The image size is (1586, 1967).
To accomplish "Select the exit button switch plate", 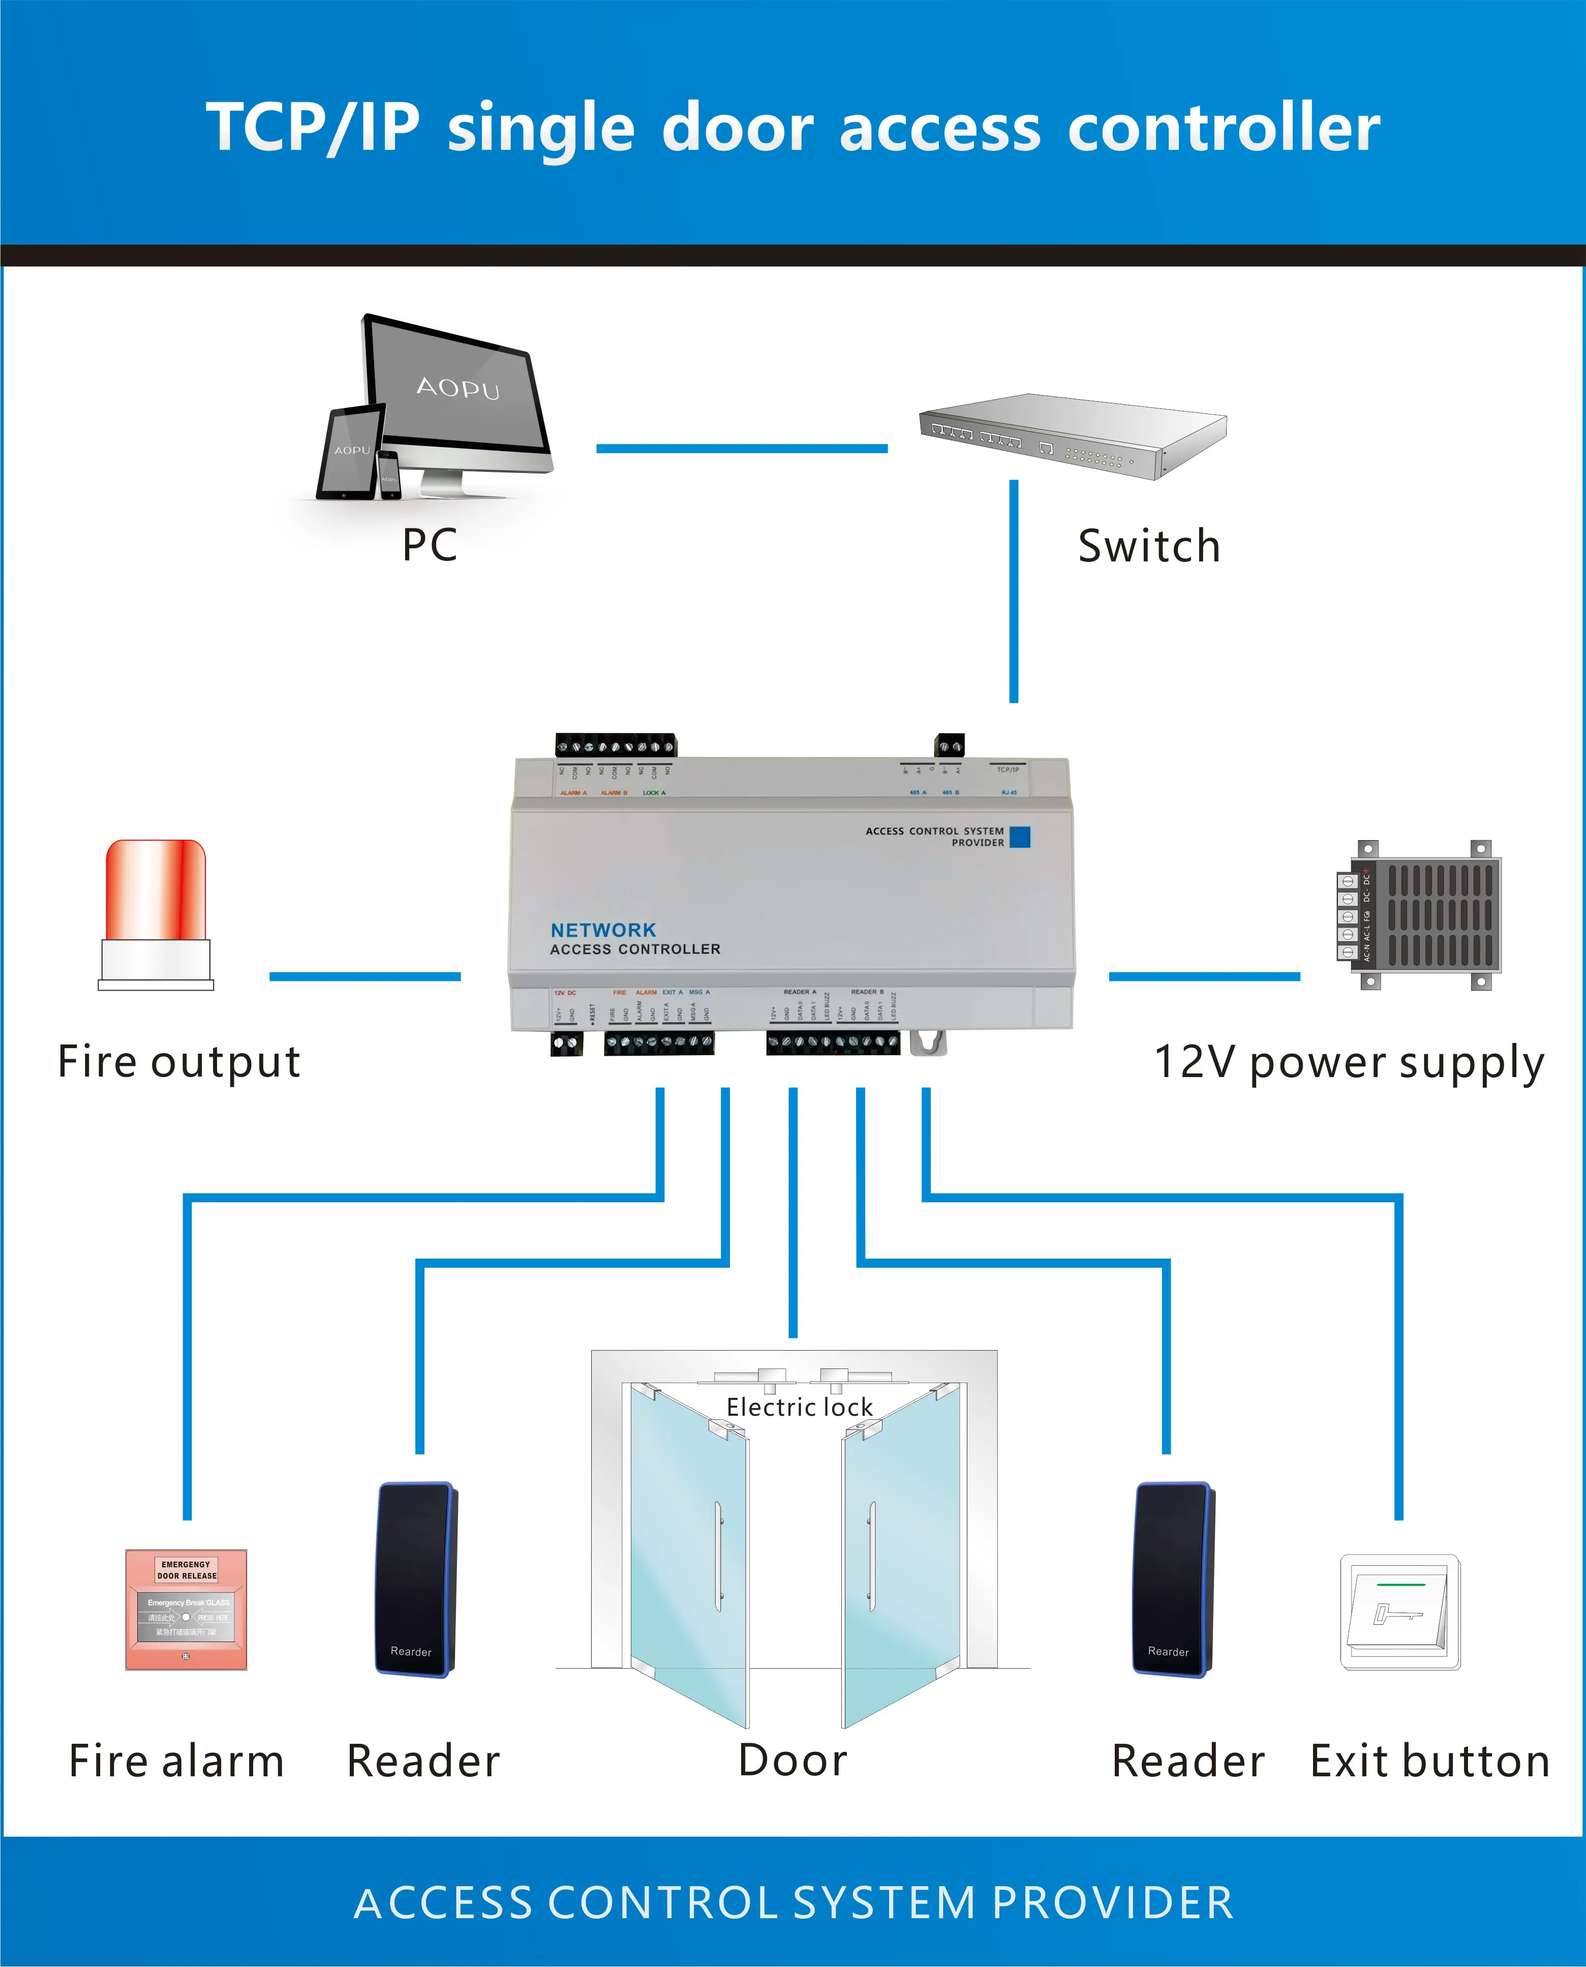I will click(1399, 1612).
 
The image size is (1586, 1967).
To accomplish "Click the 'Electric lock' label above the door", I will click(800, 1407).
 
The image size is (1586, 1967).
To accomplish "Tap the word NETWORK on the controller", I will click(603, 930).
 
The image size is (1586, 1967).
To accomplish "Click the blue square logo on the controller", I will click(1020, 837).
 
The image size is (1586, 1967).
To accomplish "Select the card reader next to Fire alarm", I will click(416, 1578).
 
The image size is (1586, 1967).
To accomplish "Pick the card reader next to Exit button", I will click(1173, 1578).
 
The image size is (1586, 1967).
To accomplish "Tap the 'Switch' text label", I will click(1148, 546).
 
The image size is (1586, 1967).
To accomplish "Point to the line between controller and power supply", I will click(1204, 976).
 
